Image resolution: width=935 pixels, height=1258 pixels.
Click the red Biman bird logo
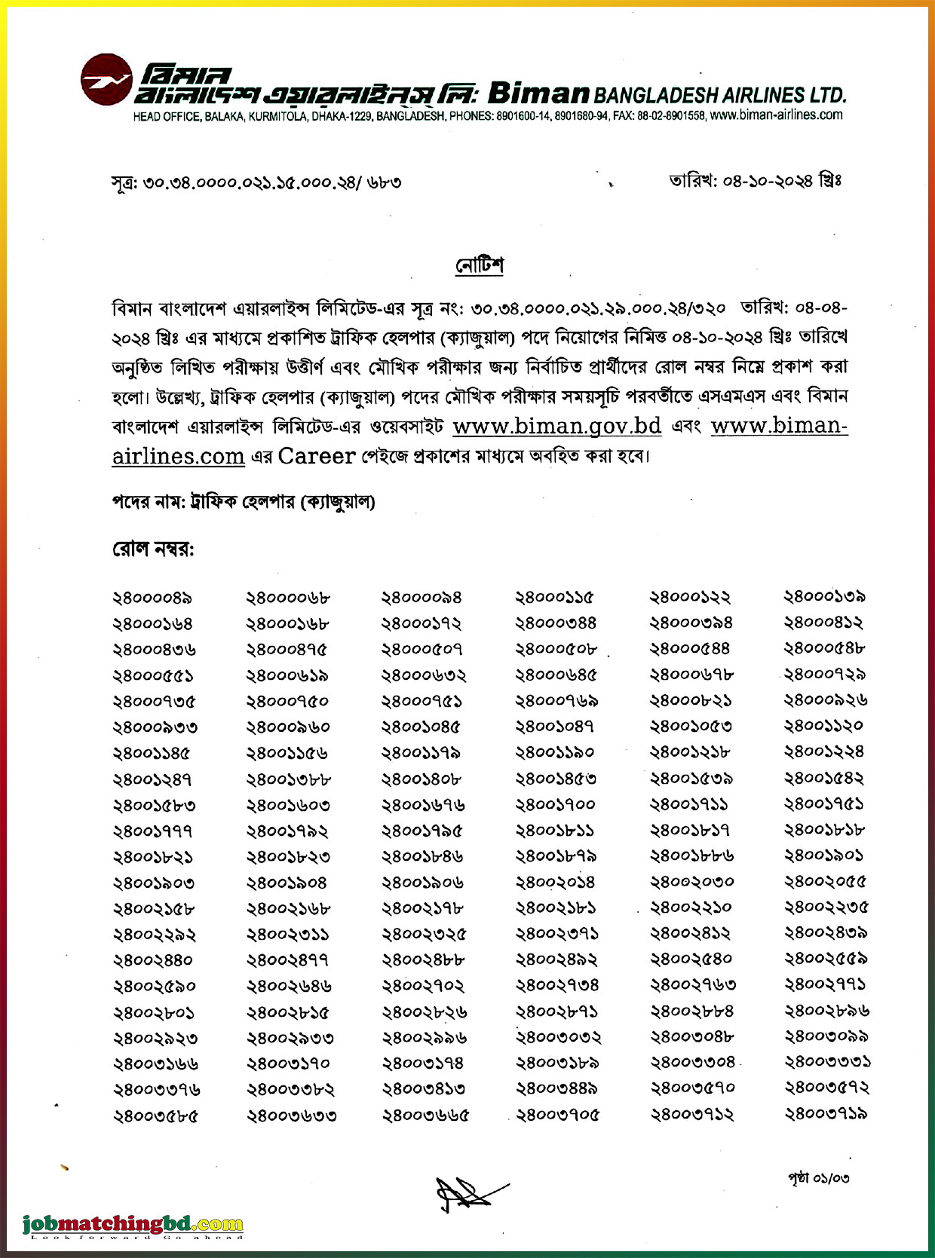(107, 79)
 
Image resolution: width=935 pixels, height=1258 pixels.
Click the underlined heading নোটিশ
(479, 265)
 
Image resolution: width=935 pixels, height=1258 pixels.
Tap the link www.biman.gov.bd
(556, 426)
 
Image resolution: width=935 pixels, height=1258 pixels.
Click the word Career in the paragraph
(316, 456)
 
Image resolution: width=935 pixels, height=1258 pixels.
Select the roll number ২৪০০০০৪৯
(152, 598)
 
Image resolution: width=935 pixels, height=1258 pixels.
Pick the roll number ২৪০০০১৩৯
(824, 597)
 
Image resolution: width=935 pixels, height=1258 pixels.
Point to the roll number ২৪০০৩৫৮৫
(155, 1116)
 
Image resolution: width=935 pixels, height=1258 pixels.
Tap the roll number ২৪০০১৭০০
(555, 804)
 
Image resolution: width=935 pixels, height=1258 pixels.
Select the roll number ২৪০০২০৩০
(691, 882)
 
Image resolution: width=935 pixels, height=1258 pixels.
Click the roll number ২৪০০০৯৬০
(288, 727)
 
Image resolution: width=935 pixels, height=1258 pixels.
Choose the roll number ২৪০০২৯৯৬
(424, 1038)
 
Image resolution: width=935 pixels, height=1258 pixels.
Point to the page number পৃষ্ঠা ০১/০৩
(818, 1177)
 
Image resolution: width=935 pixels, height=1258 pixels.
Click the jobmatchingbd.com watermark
(133, 1224)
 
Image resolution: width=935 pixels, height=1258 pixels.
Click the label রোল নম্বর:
(153, 549)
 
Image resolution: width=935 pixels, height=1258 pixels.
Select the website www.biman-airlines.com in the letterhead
(776, 115)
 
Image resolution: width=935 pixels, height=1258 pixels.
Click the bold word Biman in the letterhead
(538, 93)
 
